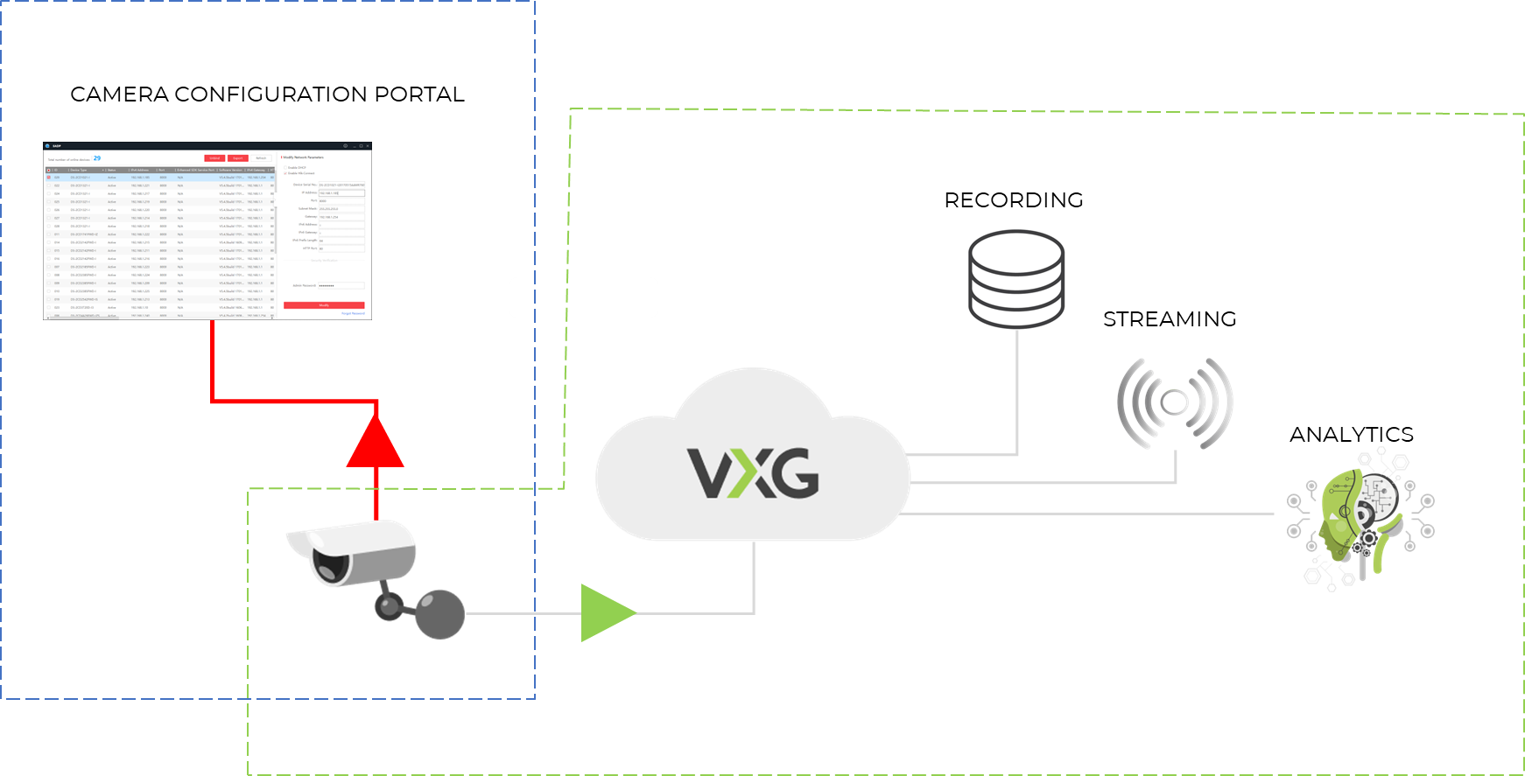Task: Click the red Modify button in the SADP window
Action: [x=323, y=305]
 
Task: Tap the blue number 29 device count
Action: [x=96, y=158]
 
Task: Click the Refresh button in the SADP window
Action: [x=261, y=158]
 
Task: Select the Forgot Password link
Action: [x=353, y=313]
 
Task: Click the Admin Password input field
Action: [x=341, y=286]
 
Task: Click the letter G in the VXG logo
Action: [x=795, y=473]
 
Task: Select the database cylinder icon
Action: [x=1015, y=276]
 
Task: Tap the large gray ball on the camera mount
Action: [x=439, y=613]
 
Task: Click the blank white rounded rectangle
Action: [x=583, y=297]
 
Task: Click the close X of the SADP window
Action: [x=368, y=146]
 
